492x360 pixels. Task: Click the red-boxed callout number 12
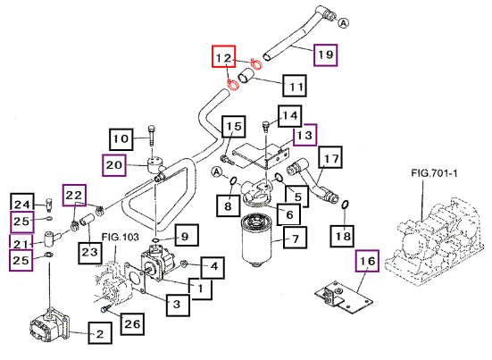(223, 56)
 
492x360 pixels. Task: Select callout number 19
(326, 54)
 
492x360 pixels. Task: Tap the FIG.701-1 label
(434, 172)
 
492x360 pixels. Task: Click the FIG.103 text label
(120, 237)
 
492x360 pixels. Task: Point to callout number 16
(367, 261)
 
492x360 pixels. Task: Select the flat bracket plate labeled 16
(344, 297)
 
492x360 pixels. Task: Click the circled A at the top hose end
(344, 23)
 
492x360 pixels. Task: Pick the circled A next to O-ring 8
(216, 172)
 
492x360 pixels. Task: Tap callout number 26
(132, 324)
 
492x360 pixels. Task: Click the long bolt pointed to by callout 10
(152, 136)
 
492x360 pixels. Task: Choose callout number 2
(100, 333)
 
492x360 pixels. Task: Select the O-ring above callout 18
(345, 205)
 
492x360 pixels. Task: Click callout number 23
(90, 252)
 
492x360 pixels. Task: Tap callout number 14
(290, 116)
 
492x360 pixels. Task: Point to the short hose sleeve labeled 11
(246, 77)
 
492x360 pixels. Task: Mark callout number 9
(187, 236)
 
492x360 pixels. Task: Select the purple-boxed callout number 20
(114, 165)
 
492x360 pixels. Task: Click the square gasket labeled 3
(134, 277)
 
